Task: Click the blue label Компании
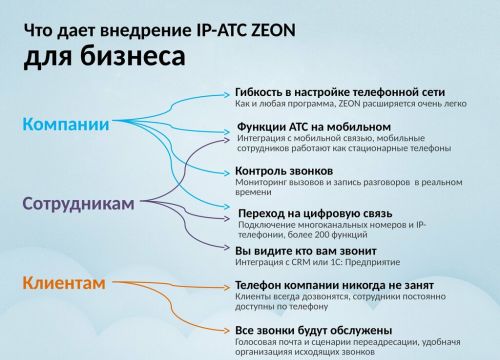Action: coord(66,124)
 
